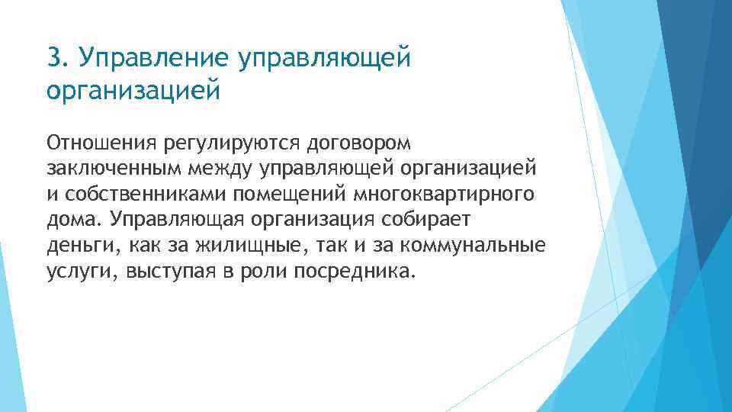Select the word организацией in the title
pos(132,90)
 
